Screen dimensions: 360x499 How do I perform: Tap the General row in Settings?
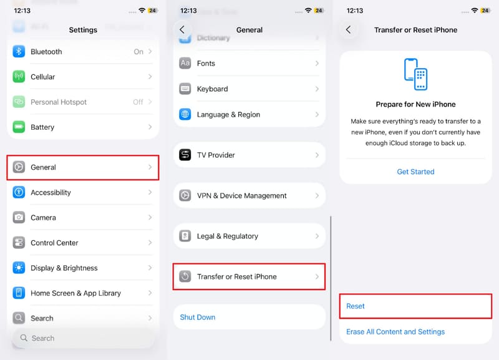pos(82,167)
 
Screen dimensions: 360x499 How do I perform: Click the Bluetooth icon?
pos(19,52)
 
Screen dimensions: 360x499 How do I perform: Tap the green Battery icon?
pos(19,127)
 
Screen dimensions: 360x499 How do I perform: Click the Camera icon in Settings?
pos(19,218)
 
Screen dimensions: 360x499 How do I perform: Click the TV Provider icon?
pos(185,155)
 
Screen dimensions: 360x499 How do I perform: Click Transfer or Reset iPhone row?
pos(249,276)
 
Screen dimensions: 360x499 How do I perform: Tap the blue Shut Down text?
pos(198,318)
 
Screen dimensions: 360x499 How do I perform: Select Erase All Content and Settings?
pos(395,332)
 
